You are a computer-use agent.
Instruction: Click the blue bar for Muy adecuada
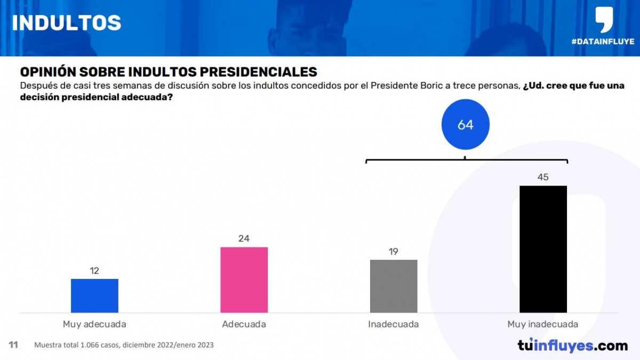pos(94,295)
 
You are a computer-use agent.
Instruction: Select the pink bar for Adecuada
pos(244,279)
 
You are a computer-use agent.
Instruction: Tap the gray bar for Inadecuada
pos(394,286)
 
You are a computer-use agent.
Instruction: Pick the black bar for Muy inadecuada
pos(543,249)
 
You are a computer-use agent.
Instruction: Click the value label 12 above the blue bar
pos(94,271)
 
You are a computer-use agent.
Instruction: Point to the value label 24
pos(244,238)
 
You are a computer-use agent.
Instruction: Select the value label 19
pos(394,252)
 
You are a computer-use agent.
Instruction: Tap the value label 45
pos(543,177)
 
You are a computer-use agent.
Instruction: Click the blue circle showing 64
pos(465,125)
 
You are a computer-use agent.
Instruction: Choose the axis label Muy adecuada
pos(94,324)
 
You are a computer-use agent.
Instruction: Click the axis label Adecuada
pos(244,324)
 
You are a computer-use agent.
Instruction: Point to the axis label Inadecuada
pos(394,324)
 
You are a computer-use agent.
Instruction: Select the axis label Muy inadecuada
pos(543,324)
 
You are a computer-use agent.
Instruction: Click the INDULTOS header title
pos(66,23)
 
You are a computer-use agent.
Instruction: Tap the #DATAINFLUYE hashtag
pos(602,42)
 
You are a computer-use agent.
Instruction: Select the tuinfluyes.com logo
pos(572,346)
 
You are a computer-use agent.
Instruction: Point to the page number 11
pos(13,345)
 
